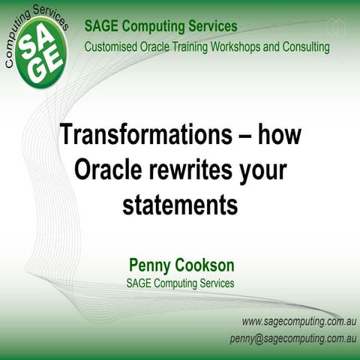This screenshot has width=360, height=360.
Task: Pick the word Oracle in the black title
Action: (x=107, y=169)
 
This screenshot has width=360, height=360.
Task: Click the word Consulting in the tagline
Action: (x=304, y=46)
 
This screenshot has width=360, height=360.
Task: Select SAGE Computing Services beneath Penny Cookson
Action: (x=180, y=283)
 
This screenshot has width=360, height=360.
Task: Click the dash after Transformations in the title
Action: (x=242, y=136)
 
